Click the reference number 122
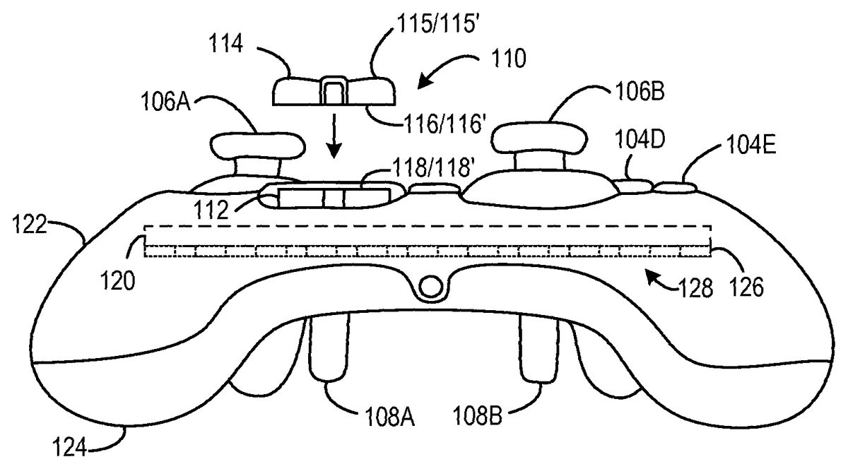(30, 226)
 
